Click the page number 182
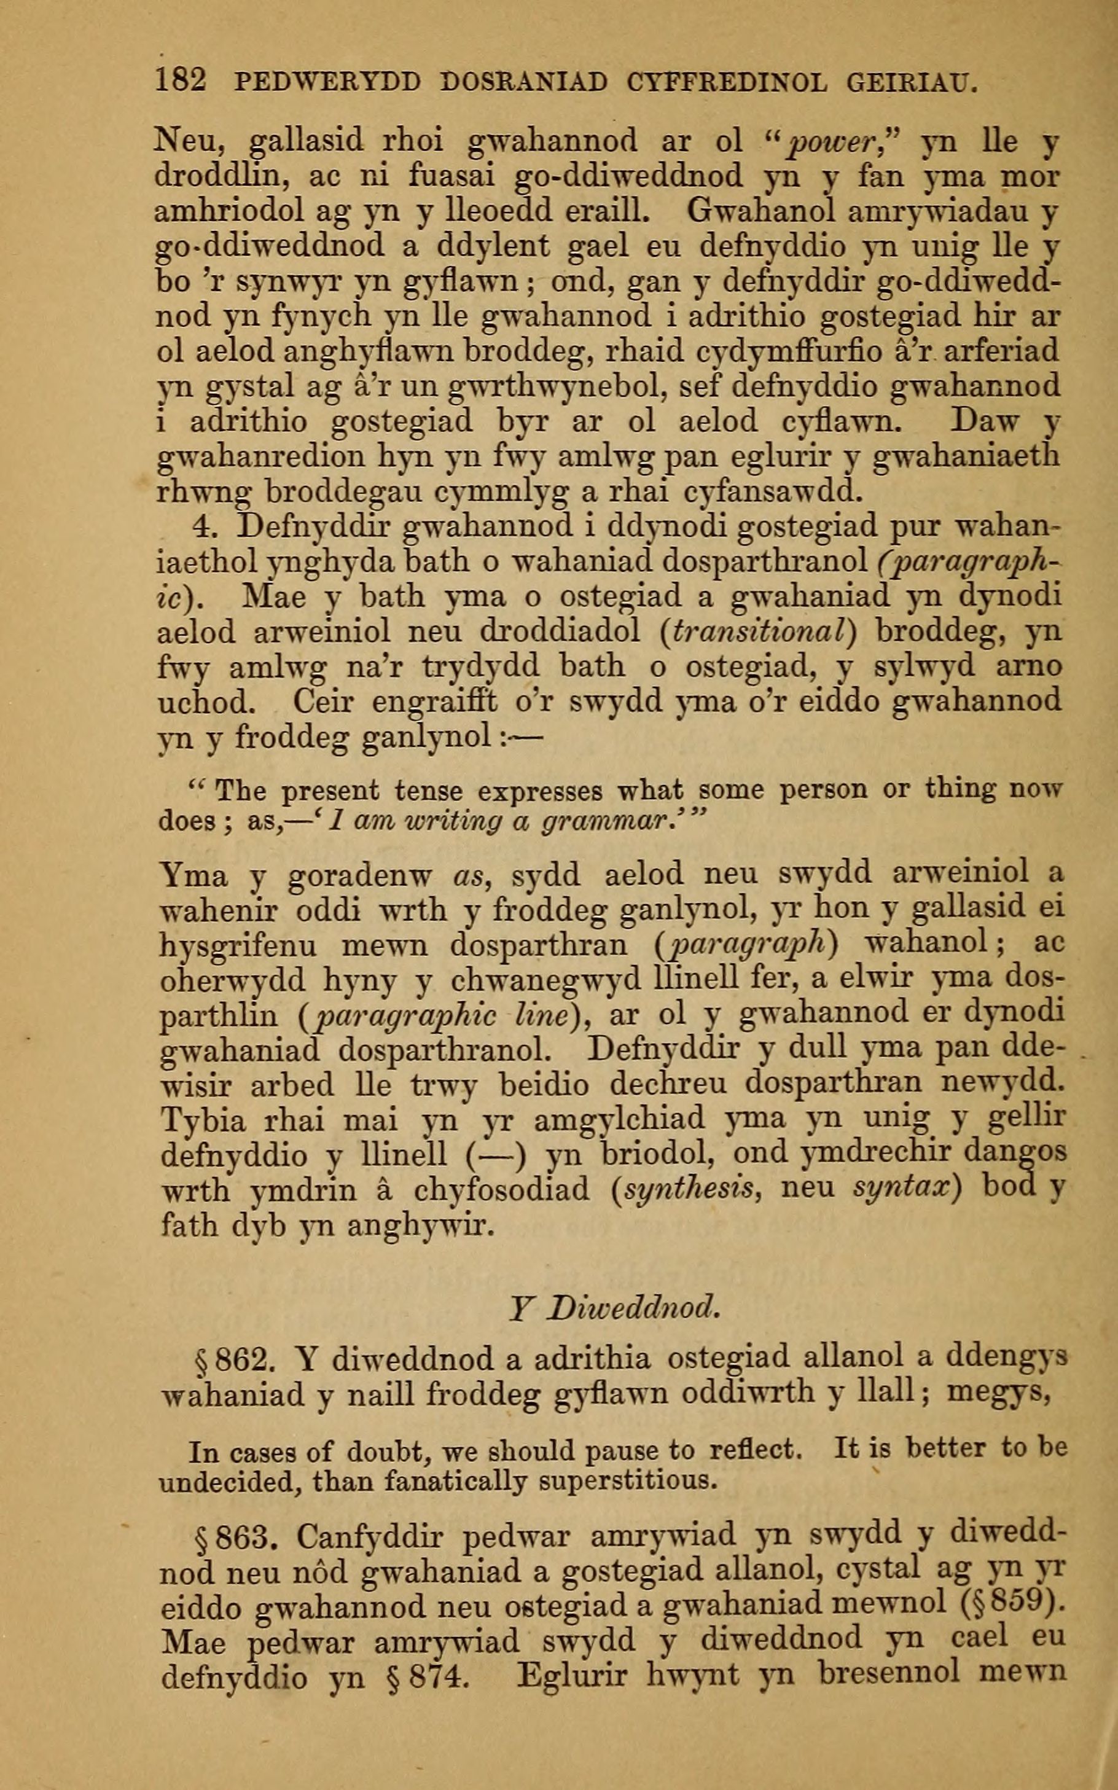click(x=181, y=80)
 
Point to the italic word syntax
click(x=904, y=1190)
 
